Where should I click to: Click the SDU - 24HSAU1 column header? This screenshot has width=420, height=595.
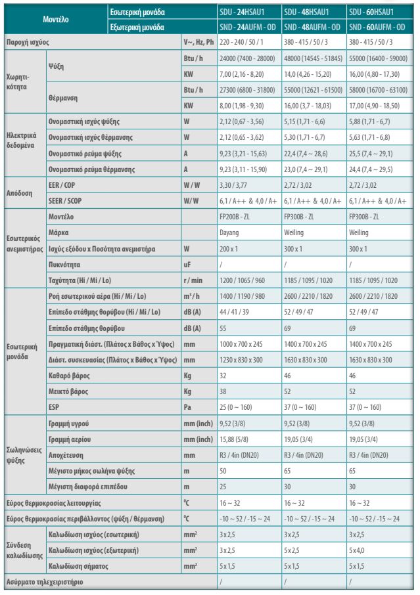241,12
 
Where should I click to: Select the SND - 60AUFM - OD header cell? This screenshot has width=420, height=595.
377,28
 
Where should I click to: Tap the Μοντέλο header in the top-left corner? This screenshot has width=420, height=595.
56,19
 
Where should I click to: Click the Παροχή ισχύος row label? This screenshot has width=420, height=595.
28,42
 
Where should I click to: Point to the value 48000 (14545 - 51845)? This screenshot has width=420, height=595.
314,58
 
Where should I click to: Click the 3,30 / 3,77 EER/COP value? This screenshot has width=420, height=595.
233,185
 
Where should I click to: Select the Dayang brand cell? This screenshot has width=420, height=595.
229,232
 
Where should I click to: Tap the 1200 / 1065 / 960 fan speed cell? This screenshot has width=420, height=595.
243,280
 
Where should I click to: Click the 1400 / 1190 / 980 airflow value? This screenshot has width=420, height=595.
243,296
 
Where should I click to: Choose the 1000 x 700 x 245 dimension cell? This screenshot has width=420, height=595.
241,344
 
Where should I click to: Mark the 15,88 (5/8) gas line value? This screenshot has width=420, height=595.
234,439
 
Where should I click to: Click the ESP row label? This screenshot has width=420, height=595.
53,407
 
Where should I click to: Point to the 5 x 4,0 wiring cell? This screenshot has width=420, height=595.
357,550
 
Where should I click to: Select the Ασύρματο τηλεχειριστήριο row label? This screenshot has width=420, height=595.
45,582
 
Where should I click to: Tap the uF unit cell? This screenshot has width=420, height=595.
187,265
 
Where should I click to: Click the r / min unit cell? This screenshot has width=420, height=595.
193,280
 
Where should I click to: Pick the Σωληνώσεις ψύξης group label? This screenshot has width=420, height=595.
24,455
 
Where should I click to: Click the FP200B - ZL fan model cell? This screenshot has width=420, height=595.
234,217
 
